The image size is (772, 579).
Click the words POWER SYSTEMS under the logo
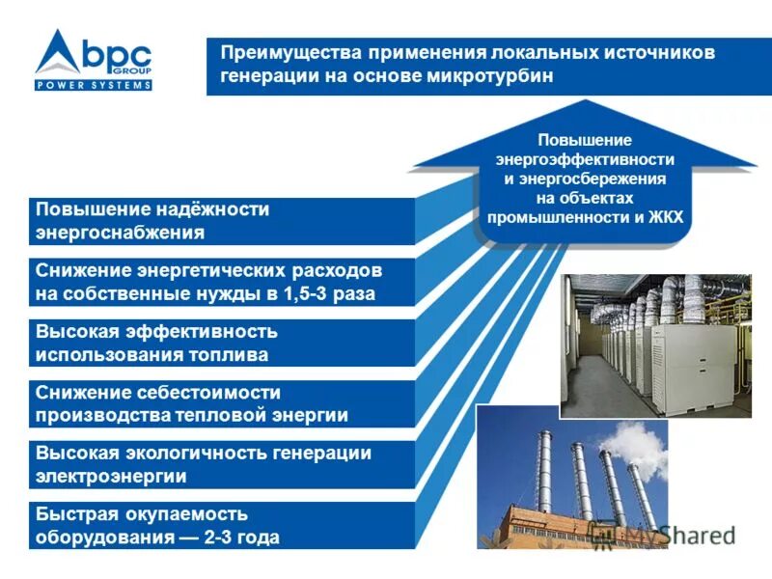[x=94, y=85]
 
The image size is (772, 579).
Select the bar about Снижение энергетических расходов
[x=222, y=282]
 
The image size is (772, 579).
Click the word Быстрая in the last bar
[x=72, y=514]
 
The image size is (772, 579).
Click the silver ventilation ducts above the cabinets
[x=666, y=299]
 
